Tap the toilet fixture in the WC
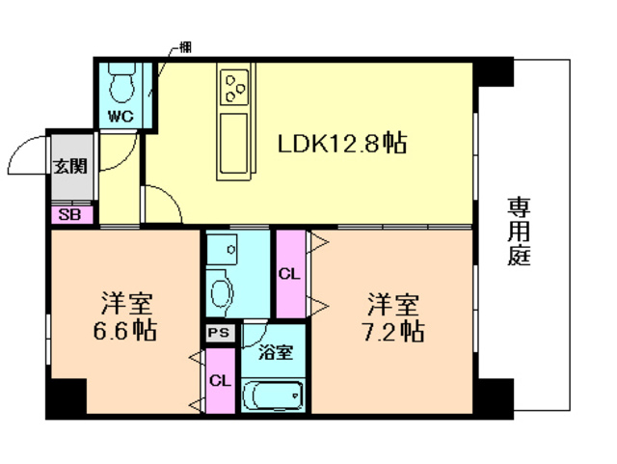(x=121, y=84)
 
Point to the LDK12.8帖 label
(x=341, y=144)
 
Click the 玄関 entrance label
(x=69, y=165)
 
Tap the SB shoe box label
(x=69, y=215)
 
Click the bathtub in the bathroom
(x=273, y=396)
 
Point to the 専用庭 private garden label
(x=520, y=232)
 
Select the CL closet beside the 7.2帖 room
(x=289, y=273)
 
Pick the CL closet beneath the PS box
(x=220, y=380)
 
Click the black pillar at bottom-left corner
(x=67, y=396)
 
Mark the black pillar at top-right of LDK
(x=495, y=71)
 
